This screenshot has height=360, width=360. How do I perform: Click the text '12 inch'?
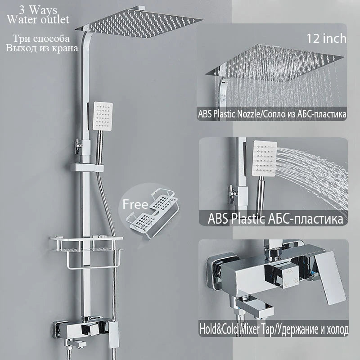click(x=327, y=38)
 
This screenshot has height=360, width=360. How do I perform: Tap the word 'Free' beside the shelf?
click(x=135, y=204)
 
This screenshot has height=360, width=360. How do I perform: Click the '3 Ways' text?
click(x=38, y=10)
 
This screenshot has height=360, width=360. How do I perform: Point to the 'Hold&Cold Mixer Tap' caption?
click(x=237, y=329)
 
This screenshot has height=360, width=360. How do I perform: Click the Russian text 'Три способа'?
click(x=41, y=39)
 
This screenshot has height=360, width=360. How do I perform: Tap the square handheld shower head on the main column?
click(x=103, y=116)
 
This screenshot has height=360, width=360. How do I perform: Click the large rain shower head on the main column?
click(x=139, y=23)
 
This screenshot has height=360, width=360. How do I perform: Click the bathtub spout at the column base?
click(x=76, y=344)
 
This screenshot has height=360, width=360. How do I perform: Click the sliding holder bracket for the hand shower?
click(x=87, y=167)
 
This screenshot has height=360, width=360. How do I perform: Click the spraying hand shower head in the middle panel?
click(x=264, y=159)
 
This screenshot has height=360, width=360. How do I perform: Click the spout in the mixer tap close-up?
click(x=255, y=306)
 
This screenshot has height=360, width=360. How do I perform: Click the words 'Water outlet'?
click(x=38, y=19)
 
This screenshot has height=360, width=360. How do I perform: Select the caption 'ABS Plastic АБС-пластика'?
click(x=275, y=218)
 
